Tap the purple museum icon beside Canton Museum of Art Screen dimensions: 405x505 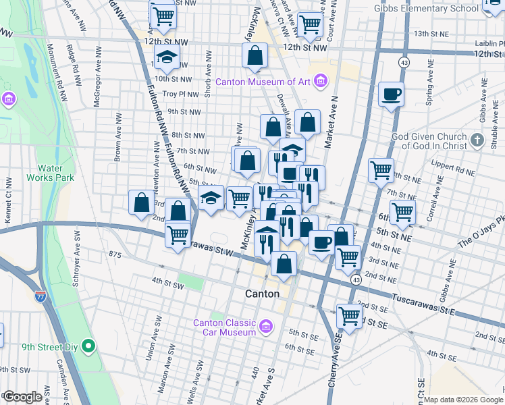[321, 82]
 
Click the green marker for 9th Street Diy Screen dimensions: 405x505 [88, 347]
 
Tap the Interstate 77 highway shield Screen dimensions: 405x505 [41, 296]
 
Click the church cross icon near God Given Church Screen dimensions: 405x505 [478, 140]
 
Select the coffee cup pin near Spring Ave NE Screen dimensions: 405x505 [391, 94]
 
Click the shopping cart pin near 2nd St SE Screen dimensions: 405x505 [349, 315]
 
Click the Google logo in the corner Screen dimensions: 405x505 [23, 397]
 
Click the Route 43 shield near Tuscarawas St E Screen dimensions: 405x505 [354, 279]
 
